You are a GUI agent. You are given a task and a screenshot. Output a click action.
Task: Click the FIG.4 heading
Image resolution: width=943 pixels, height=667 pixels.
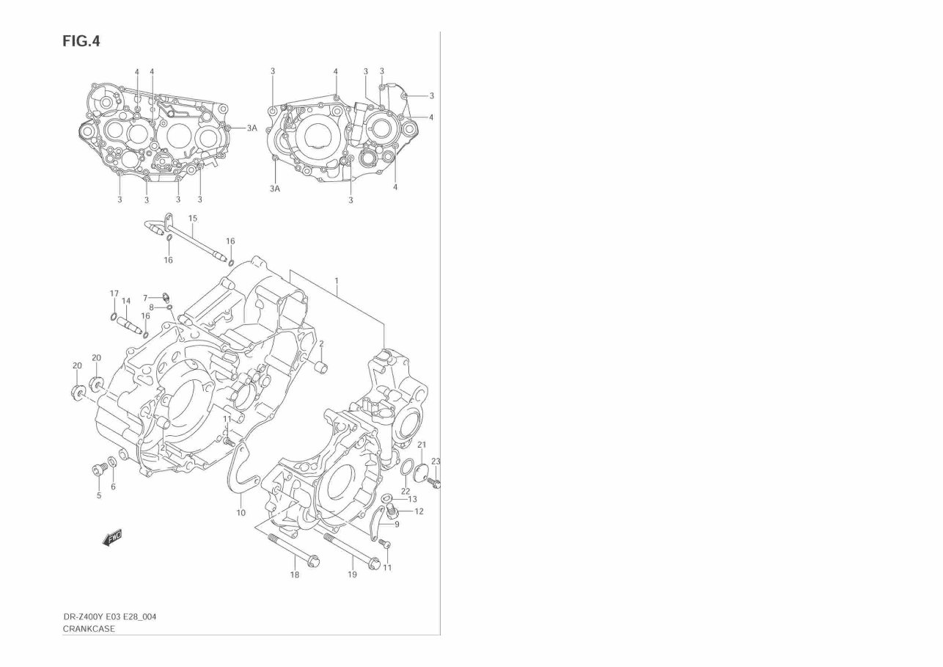coord(81,41)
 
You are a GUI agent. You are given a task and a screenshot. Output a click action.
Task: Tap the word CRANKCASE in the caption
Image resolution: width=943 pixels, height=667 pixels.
coord(89,629)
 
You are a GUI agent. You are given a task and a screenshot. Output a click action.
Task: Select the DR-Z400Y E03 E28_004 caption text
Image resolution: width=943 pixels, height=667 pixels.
coord(109,616)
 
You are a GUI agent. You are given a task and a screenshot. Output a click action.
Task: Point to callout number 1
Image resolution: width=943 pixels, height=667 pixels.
coord(337,281)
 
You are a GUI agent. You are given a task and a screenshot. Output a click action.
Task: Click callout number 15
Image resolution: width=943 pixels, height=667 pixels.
coord(193,219)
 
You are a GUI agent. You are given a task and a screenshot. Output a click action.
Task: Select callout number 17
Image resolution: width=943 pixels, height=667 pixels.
coord(114,294)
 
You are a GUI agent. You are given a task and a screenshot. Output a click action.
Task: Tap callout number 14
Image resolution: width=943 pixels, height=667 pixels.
coord(126,301)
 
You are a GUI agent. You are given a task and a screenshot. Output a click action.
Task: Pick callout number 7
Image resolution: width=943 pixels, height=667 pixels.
coord(145,298)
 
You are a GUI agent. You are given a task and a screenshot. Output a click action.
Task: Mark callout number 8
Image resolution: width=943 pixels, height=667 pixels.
coord(151,307)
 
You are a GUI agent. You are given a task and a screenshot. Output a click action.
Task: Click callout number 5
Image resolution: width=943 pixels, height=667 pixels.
coord(99,495)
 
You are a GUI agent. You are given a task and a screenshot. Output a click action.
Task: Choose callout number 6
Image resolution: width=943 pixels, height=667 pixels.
coord(113,487)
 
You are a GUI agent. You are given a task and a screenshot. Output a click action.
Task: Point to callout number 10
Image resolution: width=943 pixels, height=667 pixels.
coord(241,513)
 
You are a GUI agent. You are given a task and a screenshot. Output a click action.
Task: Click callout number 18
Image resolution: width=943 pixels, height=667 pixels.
coord(294,575)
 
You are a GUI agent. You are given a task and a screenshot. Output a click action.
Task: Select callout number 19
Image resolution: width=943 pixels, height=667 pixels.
coord(352,575)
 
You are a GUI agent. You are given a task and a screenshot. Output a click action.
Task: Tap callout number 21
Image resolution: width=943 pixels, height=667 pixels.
coord(422,445)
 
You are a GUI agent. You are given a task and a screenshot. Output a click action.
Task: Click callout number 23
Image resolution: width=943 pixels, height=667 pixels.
coord(436,462)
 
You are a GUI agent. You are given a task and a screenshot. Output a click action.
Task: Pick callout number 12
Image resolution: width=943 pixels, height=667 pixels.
coord(419,511)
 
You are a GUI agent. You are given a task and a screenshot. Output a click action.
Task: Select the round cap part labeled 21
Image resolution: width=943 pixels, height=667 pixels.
coord(422,472)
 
